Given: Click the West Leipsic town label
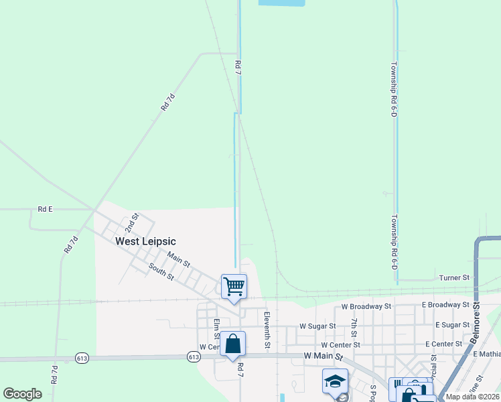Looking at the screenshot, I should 145,241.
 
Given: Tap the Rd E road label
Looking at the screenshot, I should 45,209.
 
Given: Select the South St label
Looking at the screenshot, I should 161,271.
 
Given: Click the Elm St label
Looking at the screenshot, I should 216,328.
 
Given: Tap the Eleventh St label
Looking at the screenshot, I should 267,330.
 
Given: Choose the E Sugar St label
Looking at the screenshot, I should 452,325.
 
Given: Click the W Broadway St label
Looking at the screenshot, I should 366,306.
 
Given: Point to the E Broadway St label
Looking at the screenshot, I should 445,305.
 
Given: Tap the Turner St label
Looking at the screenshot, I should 454,277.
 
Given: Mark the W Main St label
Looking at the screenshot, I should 323,356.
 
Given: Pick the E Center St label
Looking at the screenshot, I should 443,344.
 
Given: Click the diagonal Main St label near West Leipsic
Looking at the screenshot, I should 179,257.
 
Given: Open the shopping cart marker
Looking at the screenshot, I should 234,287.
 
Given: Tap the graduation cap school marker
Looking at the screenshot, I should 335,381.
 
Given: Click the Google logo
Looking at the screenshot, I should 22,394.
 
